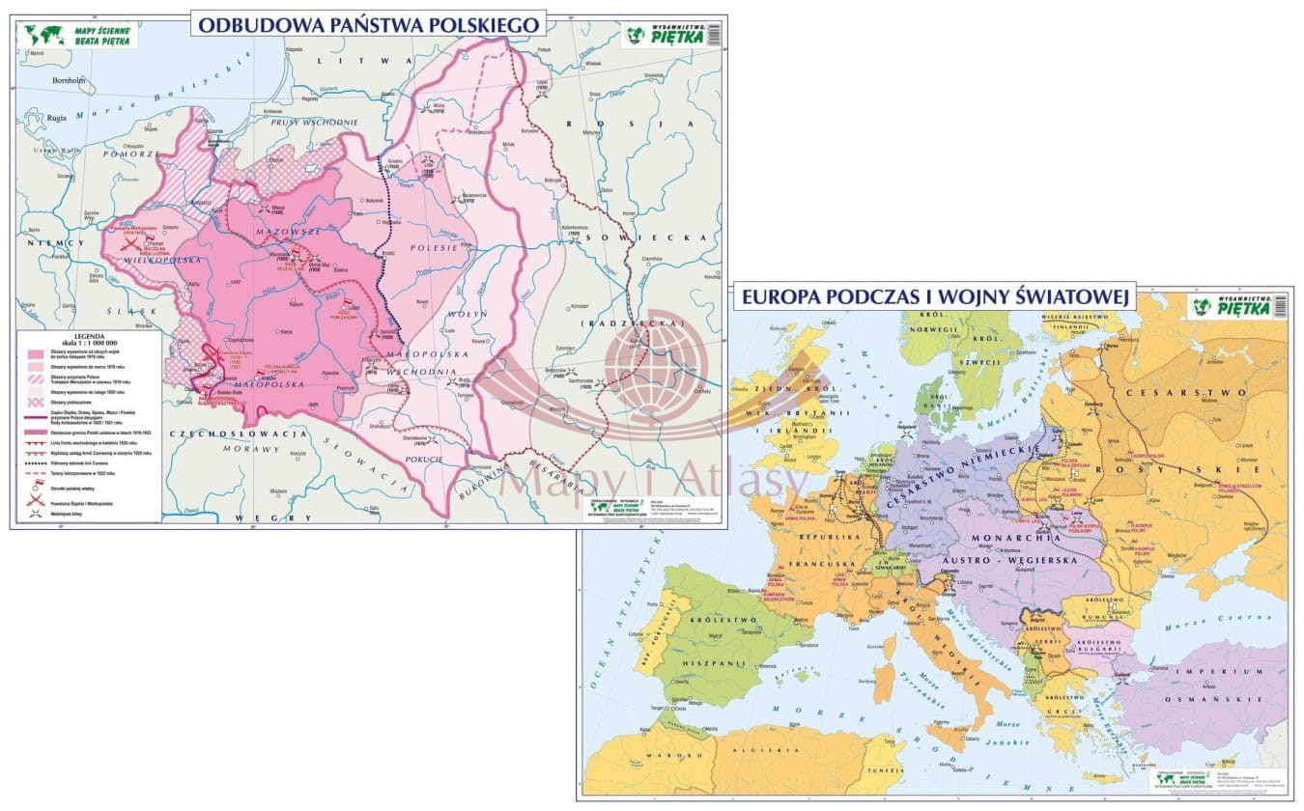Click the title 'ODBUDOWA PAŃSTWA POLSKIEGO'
[x=367, y=24]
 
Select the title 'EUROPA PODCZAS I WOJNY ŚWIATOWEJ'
[x=934, y=297]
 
